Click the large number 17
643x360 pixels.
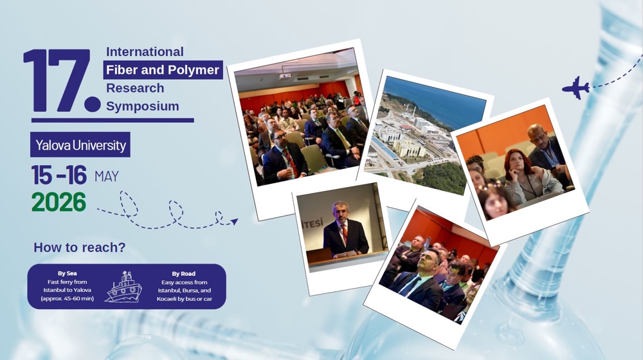57,80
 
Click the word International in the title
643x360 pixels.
145,51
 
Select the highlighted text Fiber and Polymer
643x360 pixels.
163,69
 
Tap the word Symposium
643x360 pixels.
143,106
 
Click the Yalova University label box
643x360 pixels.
80,145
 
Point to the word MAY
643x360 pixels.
107,176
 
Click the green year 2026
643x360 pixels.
59,202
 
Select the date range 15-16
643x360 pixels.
59,175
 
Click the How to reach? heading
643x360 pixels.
80,248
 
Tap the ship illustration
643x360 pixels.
124,287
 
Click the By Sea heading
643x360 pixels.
68,273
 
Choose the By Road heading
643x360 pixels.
184,273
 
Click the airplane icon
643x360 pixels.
575,87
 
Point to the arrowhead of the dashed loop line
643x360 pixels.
234,222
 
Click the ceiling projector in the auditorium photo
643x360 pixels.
285,76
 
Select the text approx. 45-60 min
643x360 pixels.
68,298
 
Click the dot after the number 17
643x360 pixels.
92,104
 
